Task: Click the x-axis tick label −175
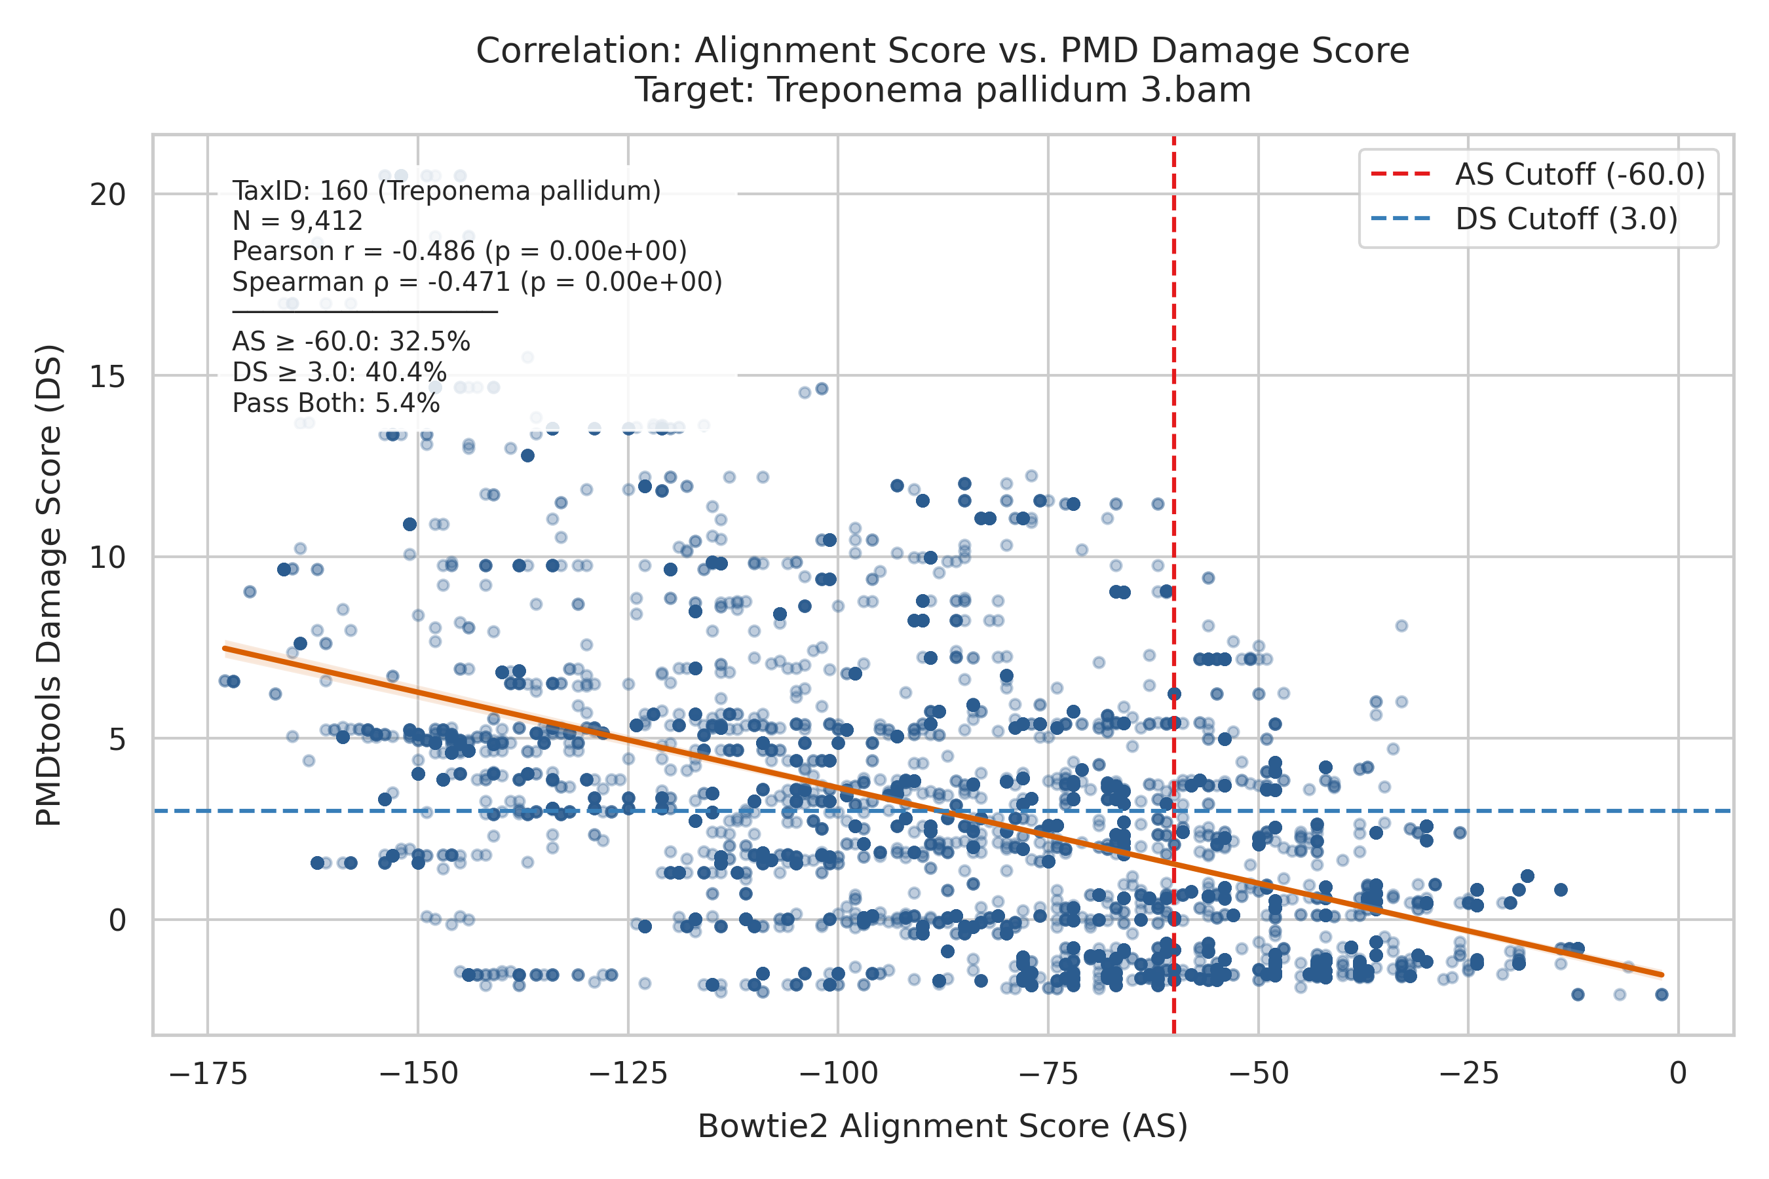pyautogui.click(x=208, y=1074)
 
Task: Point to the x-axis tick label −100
pyautogui.click(x=838, y=1074)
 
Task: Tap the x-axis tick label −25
pyautogui.click(x=1468, y=1074)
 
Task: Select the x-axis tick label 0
pyautogui.click(x=1678, y=1074)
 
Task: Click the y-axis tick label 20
pyautogui.click(x=107, y=195)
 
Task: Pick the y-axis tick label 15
pyautogui.click(x=107, y=376)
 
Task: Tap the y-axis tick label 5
pyautogui.click(x=117, y=739)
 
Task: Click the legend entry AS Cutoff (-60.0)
pyautogui.click(x=1537, y=174)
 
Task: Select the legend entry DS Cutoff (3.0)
pyautogui.click(x=1524, y=219)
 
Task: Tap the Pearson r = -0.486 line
pyautogui.click(x=459, y=251)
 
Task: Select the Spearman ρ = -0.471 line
pyautogui.click(x=477, y=282)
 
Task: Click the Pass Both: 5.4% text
pyautogui.click(x=335, y=403)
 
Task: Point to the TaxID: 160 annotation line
pyautogui.click(x=446, y=191)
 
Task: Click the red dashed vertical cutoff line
pyautogui.click(x=1174, y=585)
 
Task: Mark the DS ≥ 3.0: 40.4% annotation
pyautogui.click(x=339, y=372)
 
